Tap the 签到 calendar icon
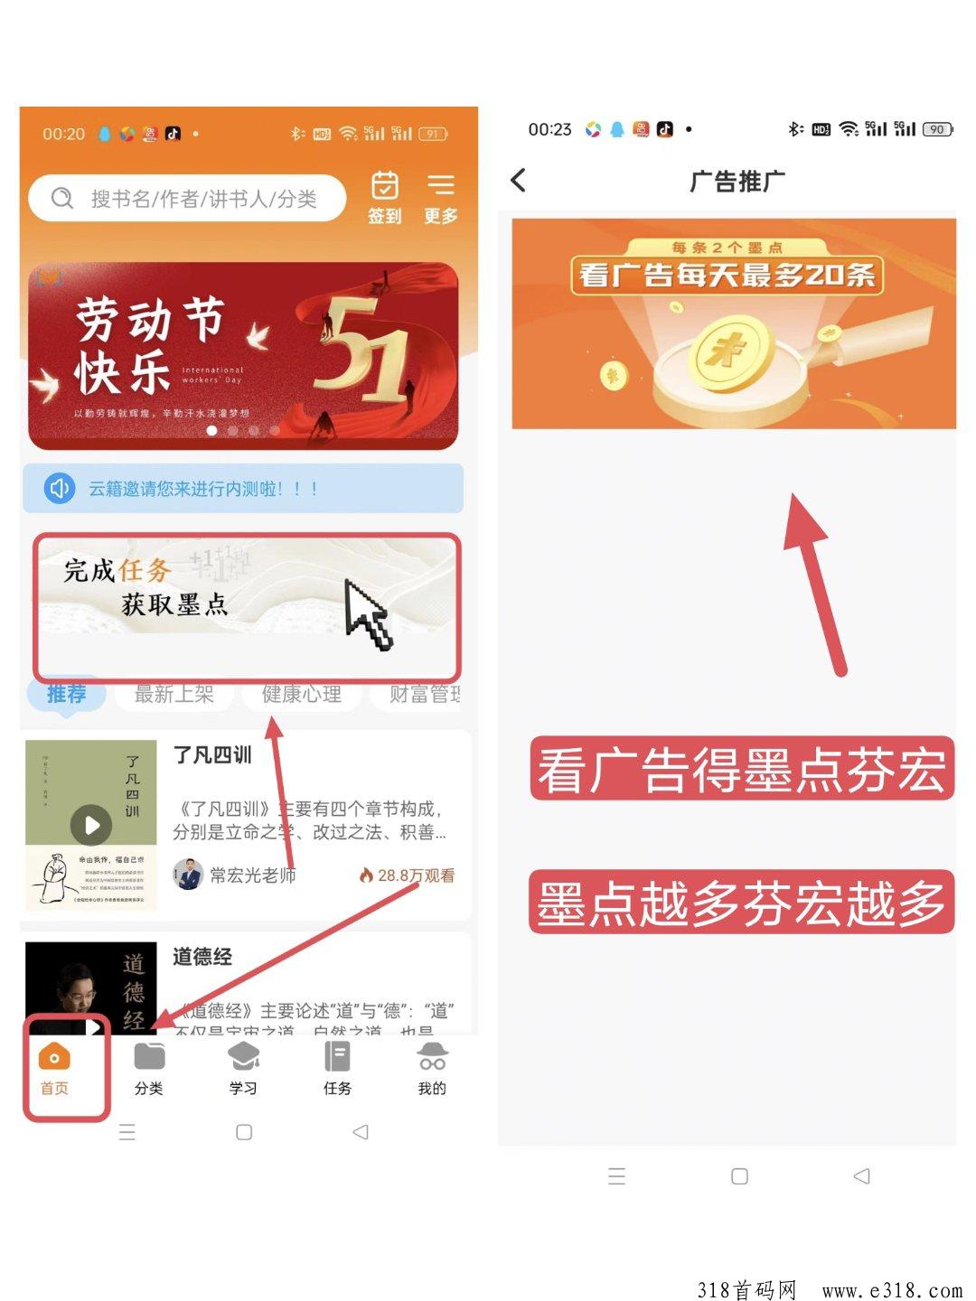[x=385, y=185]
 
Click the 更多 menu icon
[x=441, y=185]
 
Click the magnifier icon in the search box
[x=62, y=198]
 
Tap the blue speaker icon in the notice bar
[x=60, y=489]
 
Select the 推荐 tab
[x=67, y=694]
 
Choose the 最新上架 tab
[x=174, y=694]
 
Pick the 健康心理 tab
[x=302, y=694]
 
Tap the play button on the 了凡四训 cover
[x=91, y=824]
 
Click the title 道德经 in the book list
[x=202, y=957]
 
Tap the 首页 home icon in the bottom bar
[x=54, y=1056]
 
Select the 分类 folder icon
[x=149, y=1056]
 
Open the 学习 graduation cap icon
[x=243, y=1056]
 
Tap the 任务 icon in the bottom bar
[x=337, y=1056]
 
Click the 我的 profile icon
[x=432, y=1056]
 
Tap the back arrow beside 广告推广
[x=519, y=180]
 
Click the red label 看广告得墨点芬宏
[x=741, y=769]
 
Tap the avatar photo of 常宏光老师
[x=188, y=874]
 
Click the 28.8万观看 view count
[x=408, y=875]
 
